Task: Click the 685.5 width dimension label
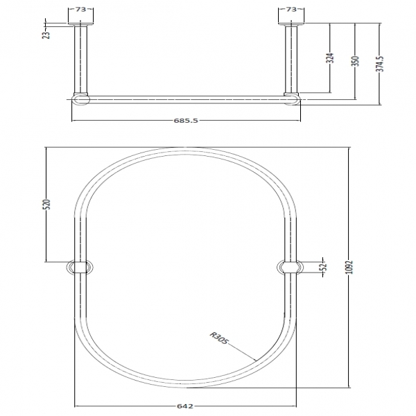point(186,121)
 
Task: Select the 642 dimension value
point(184,406)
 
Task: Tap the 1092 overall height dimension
point(350,267)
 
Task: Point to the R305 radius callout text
point(218,338)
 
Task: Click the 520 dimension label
point(46,205)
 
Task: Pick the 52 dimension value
point(323,267)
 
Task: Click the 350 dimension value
point(356,61)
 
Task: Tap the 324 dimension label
point(330,58)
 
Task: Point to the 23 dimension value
point(46,35)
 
